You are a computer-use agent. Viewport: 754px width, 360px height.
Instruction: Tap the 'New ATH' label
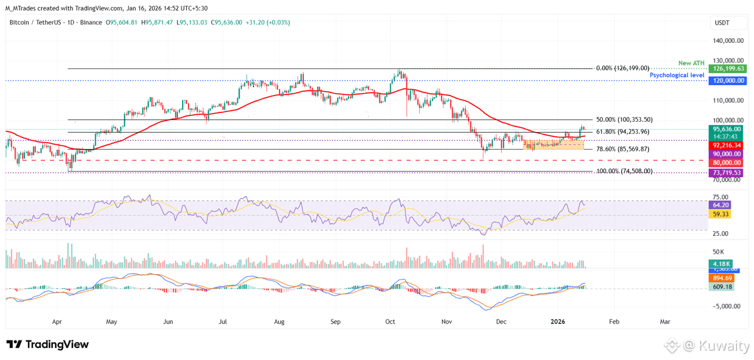691,63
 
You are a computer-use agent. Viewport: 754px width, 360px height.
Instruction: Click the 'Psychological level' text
677,75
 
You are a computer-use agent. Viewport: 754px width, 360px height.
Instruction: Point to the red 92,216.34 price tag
727,145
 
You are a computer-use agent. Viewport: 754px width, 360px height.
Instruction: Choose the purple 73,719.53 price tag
727,173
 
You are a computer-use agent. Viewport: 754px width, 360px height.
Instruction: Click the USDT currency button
722,23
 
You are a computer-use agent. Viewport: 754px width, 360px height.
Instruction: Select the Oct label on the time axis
390,321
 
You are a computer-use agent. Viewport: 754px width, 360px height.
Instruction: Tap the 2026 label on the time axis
558,321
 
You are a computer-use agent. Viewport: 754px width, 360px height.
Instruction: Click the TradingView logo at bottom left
48,344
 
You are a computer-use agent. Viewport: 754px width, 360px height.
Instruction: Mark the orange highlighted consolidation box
553,144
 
